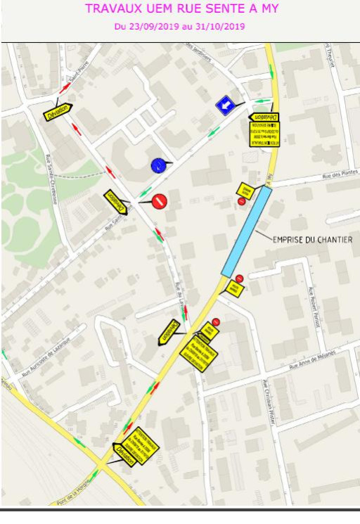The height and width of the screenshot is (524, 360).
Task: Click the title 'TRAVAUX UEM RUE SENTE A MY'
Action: coord(181,9)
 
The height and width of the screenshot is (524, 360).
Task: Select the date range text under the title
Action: coord(179,27)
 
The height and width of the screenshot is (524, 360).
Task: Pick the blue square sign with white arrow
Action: coord(225,106)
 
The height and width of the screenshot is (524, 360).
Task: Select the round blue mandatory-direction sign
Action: coord(158,165)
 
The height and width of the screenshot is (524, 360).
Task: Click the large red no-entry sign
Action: coord(159,201)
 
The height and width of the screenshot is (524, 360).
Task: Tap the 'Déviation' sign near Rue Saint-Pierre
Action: coord(58,111)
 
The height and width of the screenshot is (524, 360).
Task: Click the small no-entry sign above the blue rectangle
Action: coord(242,201)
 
